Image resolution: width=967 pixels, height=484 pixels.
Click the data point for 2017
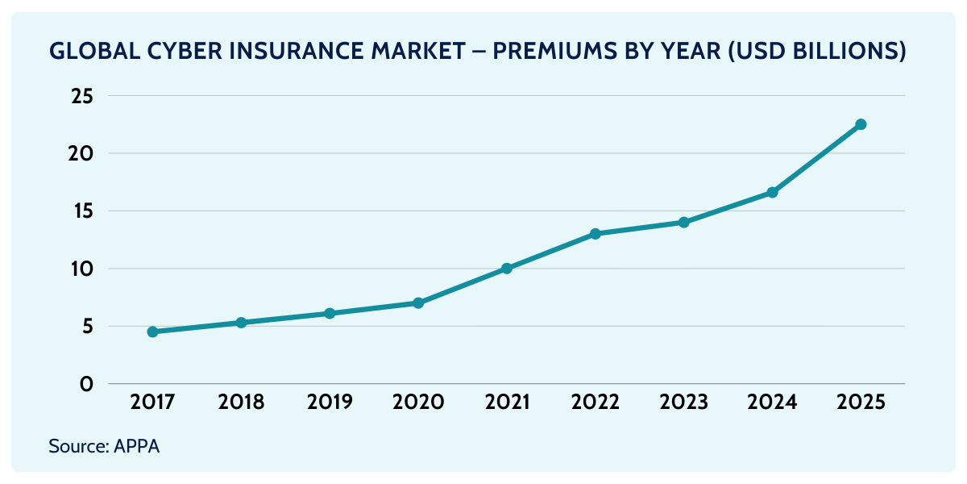pos(152,332)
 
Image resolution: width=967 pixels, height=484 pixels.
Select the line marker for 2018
pos(241,323)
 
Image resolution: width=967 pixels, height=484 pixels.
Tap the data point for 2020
pos(418,302)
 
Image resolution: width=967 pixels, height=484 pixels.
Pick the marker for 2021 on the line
pos(507,269)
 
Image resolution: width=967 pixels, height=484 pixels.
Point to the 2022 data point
pos(595,234)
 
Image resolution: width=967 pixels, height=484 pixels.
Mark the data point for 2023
pos(683,222)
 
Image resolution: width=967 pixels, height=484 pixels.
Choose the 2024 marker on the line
pos(772,192)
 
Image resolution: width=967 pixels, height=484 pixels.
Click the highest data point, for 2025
pos(861,124)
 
